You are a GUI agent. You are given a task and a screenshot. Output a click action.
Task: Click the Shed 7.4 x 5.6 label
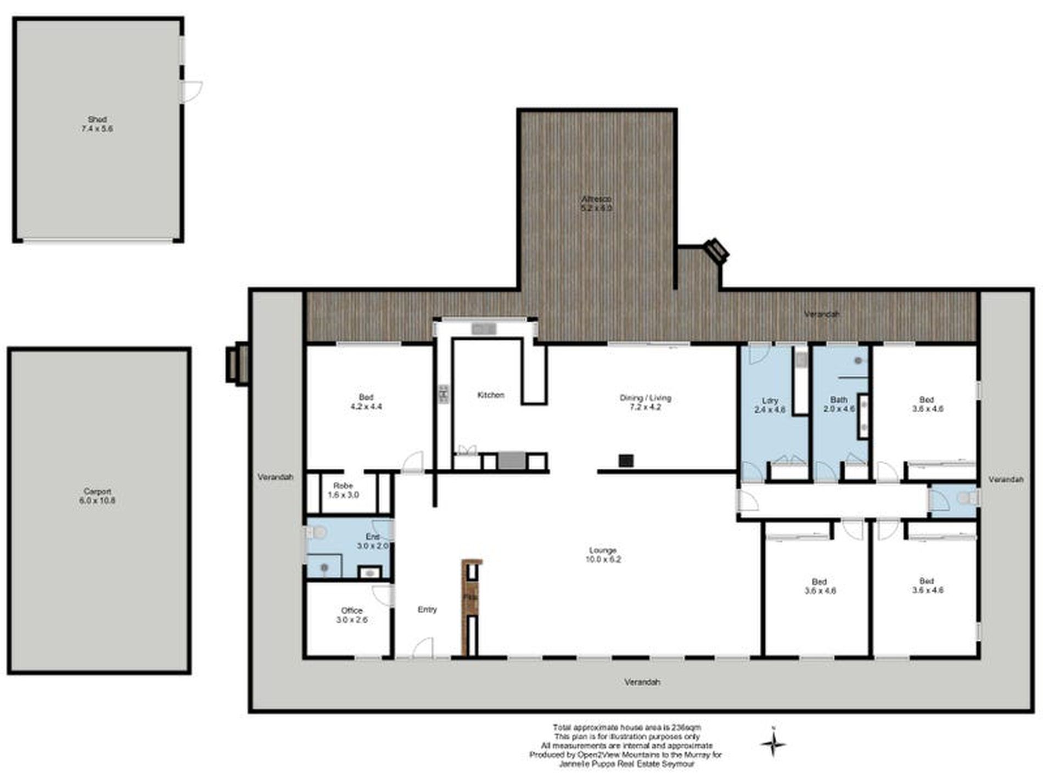(97, 124)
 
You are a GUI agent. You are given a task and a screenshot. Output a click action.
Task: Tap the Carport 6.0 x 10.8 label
(97, 496)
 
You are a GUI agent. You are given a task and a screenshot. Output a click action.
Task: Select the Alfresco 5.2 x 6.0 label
(596, 204)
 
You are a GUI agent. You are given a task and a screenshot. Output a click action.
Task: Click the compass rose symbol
(773, 744)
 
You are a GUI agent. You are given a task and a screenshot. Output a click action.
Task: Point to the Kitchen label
(490, 395)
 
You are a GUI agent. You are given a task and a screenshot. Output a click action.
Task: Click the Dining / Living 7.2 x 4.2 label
(645, 402)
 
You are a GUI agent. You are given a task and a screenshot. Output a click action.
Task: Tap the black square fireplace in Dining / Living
(626, 460)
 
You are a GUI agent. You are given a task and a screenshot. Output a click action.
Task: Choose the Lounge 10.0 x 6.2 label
(603, 555)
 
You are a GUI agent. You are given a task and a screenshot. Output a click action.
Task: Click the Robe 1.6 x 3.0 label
(343, 490)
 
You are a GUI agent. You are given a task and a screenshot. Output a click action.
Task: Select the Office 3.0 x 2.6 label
(352, 615)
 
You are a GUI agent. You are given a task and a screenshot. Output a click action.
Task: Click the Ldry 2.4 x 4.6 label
(770, 405)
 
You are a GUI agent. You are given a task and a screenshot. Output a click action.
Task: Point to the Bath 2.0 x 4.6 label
(839, 404)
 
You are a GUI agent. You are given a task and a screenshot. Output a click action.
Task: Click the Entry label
(427, 610)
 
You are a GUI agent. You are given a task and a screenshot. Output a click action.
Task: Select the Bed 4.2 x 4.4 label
(366, 402)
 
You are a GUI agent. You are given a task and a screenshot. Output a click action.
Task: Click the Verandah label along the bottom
(642, 682)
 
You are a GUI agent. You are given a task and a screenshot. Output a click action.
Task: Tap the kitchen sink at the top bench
(484, 329)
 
